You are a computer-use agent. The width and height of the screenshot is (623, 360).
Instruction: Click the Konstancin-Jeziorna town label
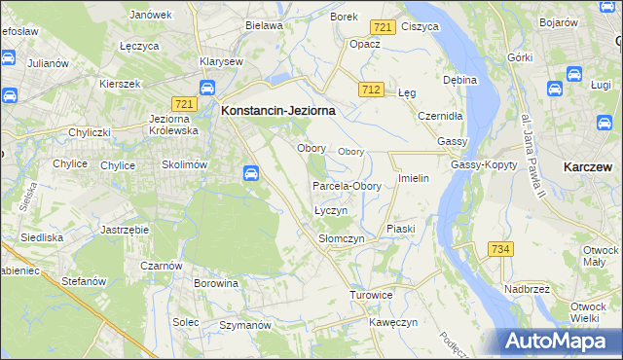click(x=279, y=111)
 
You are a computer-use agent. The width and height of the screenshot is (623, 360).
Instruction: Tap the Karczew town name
click(x=588, y=167)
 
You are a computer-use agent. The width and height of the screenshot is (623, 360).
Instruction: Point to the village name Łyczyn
click(x=331, y=210)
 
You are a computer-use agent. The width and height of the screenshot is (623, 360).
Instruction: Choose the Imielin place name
click(x=414, y=179)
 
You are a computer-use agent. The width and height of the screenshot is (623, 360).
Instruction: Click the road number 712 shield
click(x=370, y=90)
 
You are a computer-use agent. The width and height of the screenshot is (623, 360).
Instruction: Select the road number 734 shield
click(x=500, y=249)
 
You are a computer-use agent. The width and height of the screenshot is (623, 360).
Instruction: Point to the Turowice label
click(x=371, y=294)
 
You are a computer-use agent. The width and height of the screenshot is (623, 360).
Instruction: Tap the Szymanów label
click(x=243, y=324)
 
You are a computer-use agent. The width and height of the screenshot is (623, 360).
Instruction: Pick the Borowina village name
click(x=216, y=284)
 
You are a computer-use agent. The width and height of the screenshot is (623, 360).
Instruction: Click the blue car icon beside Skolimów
click(x=250, y=173)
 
